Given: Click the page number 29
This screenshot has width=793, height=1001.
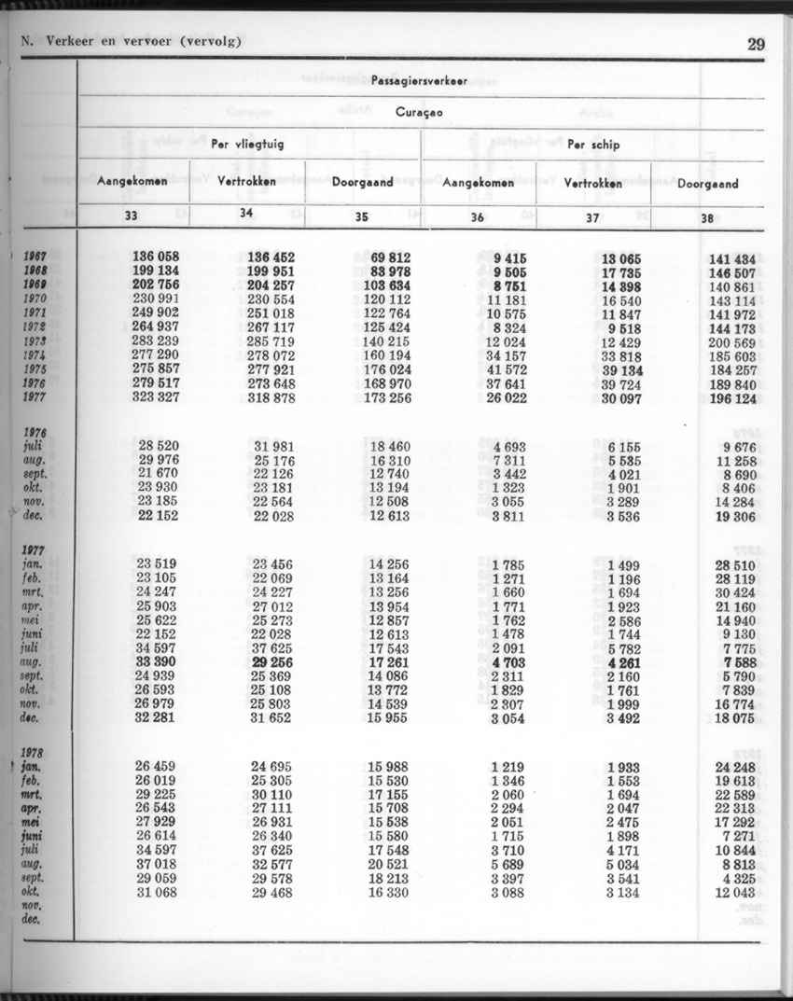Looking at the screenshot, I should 756,43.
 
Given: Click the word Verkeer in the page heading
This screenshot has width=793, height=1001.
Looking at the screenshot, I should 70,42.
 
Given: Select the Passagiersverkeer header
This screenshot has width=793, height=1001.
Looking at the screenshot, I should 419,81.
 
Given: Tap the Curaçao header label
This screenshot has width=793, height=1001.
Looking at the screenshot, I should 419,112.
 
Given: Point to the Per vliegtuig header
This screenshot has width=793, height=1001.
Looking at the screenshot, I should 248,145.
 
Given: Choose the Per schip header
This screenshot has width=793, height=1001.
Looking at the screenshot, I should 593,145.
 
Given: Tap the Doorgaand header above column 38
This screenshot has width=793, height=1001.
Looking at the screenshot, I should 707,184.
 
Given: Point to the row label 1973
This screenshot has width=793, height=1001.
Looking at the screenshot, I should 35,341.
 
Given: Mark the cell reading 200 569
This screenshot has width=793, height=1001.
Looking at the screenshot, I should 731,342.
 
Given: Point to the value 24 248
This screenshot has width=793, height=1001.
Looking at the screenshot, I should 734,767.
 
